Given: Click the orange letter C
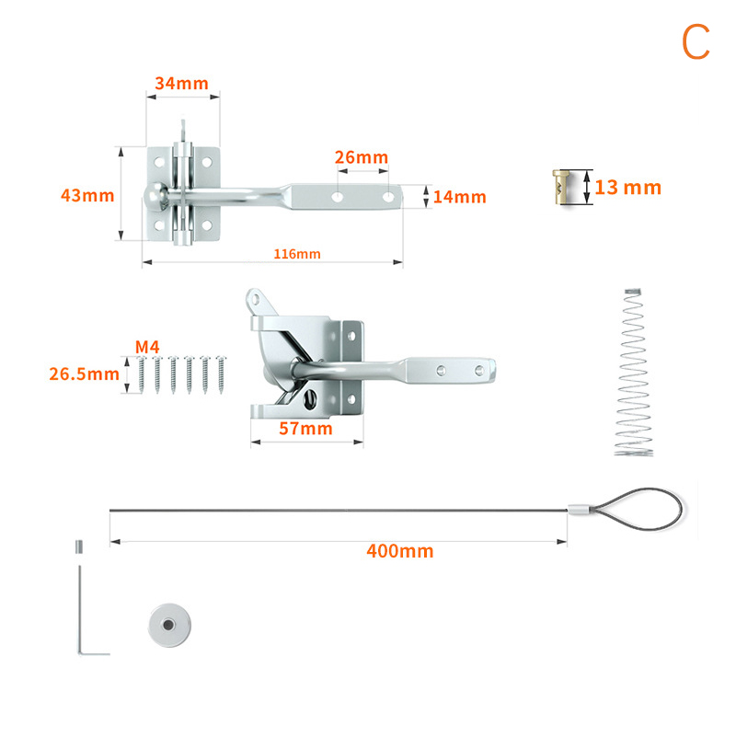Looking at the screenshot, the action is click(x=696, y=41).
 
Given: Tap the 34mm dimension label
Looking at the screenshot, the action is click(x=181, y=84).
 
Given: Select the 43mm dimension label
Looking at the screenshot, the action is click(x=87, y=195).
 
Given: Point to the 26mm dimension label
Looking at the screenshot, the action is click(x=362, y=157).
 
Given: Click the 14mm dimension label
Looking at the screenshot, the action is click(x=459, y=197).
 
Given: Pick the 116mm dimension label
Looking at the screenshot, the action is click(x=297, y=254).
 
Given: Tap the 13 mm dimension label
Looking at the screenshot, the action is click(x=628, y=188).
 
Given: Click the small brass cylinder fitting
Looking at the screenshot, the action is click(x=561, y=187).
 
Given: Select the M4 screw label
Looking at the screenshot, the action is click(x=147, y=347).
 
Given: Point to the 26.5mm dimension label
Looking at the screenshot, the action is click(x=85, y=374).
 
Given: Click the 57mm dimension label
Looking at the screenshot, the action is click(x=305, y=429).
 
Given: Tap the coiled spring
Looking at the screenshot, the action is click(x=634, y=373).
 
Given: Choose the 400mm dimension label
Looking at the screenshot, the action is click(x=400, y=551).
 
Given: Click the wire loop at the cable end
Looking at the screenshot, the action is click(x=682, y=510).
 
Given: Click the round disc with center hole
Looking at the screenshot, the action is click(x=169, y=626).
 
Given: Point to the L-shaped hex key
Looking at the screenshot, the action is click(x=80, y=610).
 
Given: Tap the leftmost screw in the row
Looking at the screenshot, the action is click(x=142, y=374).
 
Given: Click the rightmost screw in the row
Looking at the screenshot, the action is click(x=222, y=374).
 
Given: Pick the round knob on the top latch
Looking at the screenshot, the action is click(x=156, y=196).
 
